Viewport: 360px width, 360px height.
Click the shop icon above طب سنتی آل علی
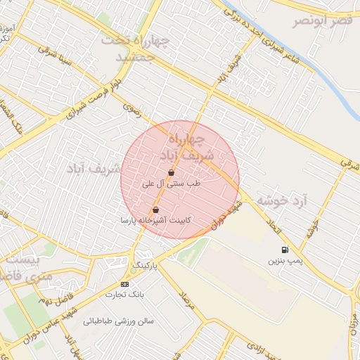pos(172,172)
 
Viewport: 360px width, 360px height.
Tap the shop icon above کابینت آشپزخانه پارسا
pos(155,210)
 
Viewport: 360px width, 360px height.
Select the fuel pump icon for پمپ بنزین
pos(284,250)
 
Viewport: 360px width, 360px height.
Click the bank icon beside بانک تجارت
pos(124,284)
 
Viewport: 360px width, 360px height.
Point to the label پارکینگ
pos(146,266)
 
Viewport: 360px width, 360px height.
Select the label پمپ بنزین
pos(284,261)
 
